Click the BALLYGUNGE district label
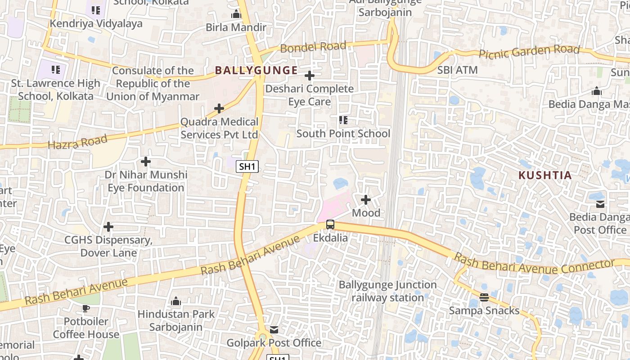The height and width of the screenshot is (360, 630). [x=256, y=70]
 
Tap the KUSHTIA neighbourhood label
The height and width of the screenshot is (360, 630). [x=545, y=175]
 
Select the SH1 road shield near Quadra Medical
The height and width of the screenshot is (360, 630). [x=247, y=166]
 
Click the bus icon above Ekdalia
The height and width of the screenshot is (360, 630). [x=330, y=224]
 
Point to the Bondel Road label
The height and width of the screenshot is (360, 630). [x=313, y=46]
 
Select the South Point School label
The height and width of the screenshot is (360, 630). [x=343, y=134]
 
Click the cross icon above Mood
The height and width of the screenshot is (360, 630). [x=366, y=199]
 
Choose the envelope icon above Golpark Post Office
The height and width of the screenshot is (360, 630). [x=274, y=330]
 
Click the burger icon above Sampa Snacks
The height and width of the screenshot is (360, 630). [x=484, y=297]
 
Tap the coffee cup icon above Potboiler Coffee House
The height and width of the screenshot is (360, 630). [x=85, y=308]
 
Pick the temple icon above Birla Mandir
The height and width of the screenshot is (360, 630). [x=236, y=14]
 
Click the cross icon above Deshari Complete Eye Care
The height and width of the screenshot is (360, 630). [x=310, y=76]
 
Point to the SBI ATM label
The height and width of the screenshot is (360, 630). [x=458, y=70]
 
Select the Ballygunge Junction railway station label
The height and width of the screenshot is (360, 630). [x=387, y=291]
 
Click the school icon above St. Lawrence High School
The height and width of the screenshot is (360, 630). [x=56, y=70]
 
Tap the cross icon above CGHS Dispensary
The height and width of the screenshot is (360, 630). [x=108, y=227]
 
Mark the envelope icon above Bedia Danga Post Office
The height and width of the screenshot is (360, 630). [x=600, y=204]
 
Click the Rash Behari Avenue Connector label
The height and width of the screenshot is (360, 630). [x=534, y=265]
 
